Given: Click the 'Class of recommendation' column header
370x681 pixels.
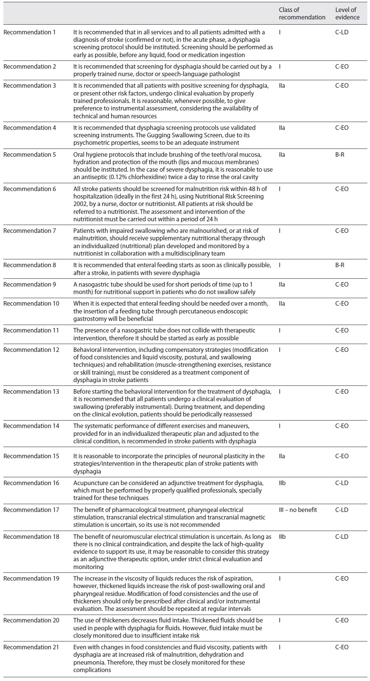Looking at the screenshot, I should [302, 13].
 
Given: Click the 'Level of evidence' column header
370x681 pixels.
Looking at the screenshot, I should [347, 13].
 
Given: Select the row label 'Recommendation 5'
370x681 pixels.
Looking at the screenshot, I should [29, 154].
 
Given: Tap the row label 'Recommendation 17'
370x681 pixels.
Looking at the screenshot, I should [31, 510].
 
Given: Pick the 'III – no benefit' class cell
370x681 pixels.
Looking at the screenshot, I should [298, 510].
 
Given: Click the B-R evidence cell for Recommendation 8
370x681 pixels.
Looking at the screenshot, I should [339, 265].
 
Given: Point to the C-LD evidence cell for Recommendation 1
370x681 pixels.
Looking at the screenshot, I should [342, 32].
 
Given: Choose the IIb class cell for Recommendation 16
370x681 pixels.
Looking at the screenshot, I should [282, 483].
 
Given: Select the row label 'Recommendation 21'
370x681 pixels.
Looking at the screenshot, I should [31, 647].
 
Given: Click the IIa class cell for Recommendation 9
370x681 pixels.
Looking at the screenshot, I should [282, 284].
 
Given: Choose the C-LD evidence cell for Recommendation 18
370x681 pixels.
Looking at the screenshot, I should [342, 537].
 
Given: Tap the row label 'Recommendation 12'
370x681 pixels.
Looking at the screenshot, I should [31, 350].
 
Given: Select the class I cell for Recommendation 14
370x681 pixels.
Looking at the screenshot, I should [280, 426].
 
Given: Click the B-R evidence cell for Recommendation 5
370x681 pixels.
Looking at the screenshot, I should [339, 154].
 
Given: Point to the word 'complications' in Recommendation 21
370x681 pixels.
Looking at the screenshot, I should [92, 670].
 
